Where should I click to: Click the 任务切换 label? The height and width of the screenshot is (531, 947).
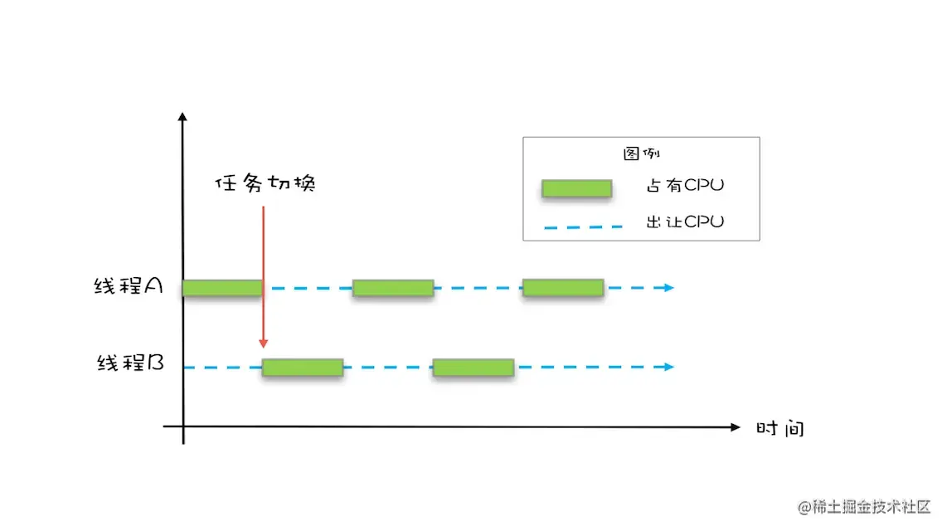point(265,183)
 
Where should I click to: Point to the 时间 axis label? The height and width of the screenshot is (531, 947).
point(780,428)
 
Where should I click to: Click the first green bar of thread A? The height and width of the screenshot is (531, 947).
point(222,288)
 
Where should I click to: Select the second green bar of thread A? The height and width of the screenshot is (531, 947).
point(393,288)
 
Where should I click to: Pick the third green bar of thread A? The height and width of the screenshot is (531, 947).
point(563,288)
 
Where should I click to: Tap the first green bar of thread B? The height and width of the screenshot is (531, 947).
point(303,368)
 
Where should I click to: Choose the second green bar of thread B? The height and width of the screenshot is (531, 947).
point(473,368)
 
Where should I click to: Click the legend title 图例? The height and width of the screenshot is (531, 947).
point(641,154)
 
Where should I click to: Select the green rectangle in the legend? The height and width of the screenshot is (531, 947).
point(576,188)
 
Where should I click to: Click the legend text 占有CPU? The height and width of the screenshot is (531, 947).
point(685,185)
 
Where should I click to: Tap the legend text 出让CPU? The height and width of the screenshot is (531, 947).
point(685,222)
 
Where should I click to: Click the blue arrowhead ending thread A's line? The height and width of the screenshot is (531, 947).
point(668,288)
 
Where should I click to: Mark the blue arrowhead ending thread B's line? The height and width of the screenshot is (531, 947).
point(668,367)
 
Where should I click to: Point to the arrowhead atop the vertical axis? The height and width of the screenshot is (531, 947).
point(182,116)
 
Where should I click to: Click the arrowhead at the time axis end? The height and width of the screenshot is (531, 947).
point(734,427)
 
